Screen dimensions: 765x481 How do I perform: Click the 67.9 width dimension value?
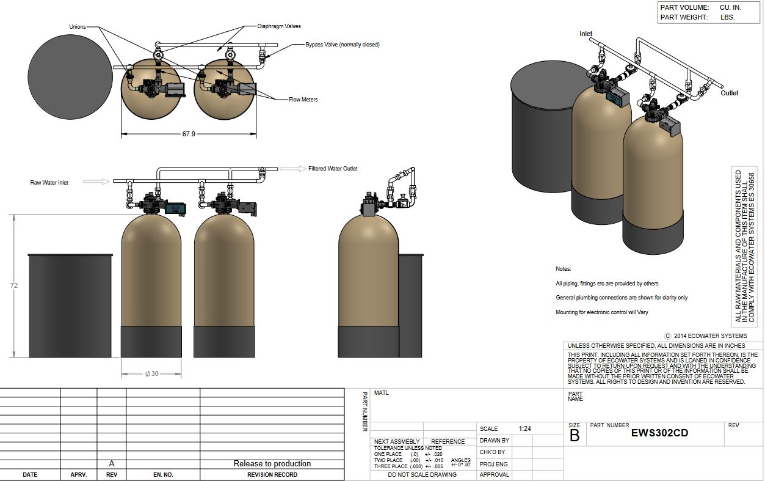[189, 134]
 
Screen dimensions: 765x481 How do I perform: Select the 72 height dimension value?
[14, 285]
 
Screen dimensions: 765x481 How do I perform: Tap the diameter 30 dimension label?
[151, 373]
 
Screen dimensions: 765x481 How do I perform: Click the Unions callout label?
[78, 27]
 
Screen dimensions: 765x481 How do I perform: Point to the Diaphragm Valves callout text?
[279, 26]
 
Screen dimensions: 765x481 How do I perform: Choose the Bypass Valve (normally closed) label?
[343, 45]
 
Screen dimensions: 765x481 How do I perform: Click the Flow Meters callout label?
[303, 100]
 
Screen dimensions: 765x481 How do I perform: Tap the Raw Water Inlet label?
[49, 183]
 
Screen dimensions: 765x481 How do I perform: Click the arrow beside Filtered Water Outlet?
[293, 169]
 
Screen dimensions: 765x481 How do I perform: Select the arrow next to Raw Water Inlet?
[96, 181]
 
